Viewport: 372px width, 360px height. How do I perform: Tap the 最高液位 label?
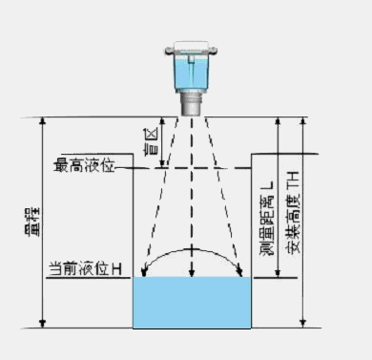point(84,166)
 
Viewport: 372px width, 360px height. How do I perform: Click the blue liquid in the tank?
point(192,303)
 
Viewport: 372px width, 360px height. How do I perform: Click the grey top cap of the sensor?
point(193,44)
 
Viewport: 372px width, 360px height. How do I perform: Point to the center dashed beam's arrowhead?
point(194,273)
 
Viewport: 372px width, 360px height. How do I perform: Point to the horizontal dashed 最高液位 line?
point(191,168)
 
